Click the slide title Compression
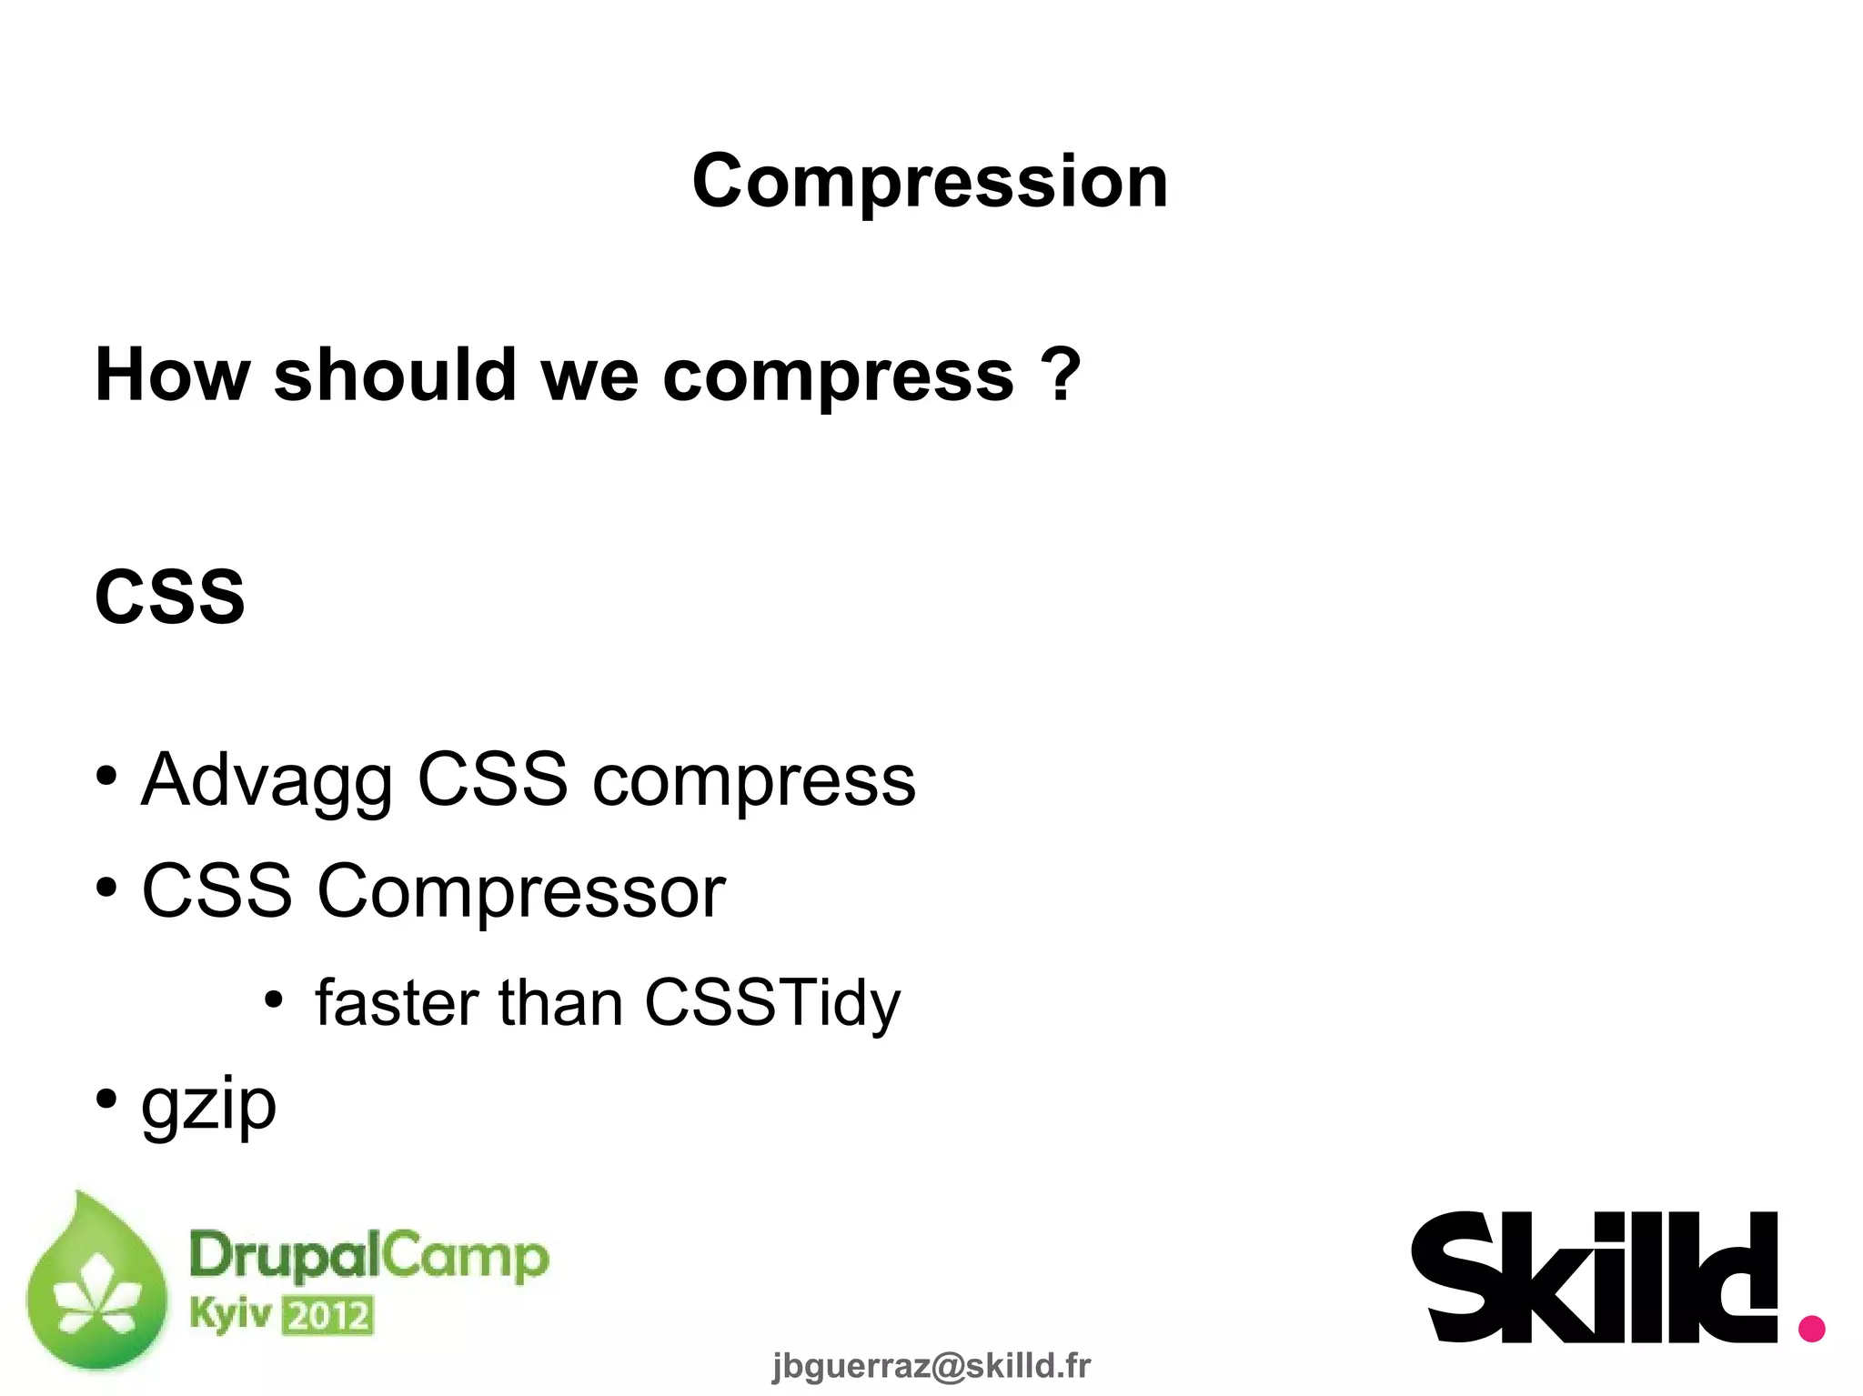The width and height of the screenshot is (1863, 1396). point(930,181)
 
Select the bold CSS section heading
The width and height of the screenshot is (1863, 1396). point(170,597)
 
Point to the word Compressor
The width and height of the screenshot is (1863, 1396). point(520,891)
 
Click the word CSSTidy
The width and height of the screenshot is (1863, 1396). point(771,1004)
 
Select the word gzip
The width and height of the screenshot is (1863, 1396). point(208,1105)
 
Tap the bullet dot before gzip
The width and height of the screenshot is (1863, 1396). point(107,1099)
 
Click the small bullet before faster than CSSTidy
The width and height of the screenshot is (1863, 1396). point(274,999)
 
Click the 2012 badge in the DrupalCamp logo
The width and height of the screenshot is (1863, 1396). point(328,1316)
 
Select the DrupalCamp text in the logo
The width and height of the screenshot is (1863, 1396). point(368,1256)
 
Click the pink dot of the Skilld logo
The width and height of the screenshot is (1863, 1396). point(1811,1328)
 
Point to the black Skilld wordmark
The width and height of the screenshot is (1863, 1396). point(1593,1277)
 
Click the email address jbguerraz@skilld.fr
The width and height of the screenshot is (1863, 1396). point(931,1365)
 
